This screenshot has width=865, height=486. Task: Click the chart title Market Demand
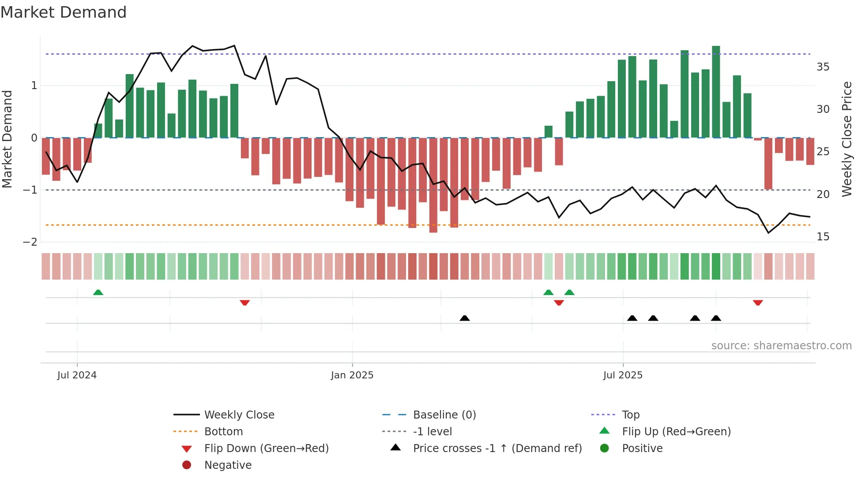(64, 12)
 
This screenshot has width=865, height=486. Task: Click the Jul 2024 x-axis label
(77, 375)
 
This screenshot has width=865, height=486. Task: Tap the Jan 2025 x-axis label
(352, 375)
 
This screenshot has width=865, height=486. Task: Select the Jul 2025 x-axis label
(623, 375)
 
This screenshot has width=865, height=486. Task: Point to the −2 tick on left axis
(30, 242)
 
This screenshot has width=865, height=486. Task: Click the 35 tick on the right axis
(823, 67)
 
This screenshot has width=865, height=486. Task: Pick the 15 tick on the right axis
(823, 237)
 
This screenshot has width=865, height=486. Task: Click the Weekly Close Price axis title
(846, 139)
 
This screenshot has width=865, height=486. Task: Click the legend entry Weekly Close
(239, 415)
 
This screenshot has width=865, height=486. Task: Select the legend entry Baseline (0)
(444, 415)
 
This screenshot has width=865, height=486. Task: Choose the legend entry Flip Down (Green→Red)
(266, 449)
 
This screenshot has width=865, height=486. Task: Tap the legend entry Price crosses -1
(497, 449)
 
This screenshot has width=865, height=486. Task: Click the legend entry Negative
(228, 465)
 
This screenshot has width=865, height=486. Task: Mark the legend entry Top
(630, 415)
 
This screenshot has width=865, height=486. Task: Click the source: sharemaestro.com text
(781, 346)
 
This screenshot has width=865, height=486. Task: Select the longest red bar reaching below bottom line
(433, 185)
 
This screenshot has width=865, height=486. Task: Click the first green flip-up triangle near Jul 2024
(98, 292)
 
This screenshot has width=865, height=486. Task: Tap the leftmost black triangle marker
(464, 318)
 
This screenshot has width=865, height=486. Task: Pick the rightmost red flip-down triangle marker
(758, 303)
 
